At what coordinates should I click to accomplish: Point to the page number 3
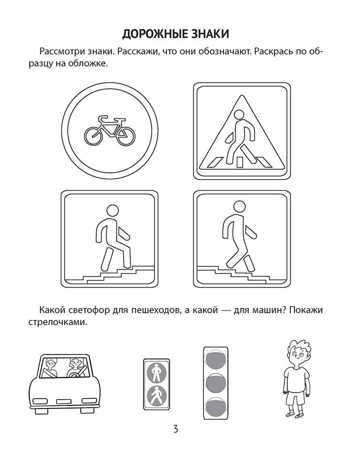pos(176,429)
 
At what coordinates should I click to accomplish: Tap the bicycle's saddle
pos(103,117)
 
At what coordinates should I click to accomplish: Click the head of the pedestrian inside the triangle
pos(239,114)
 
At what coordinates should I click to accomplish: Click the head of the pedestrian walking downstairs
pos(239,207)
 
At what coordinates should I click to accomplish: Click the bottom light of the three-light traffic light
pos(215,406)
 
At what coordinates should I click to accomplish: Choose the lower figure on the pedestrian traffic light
pos(156,395)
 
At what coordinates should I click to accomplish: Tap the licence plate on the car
pos(64,401)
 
